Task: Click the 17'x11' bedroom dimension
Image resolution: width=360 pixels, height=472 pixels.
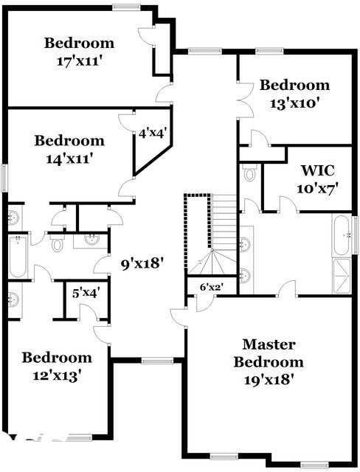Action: pyautogui.click(x=78, y=60)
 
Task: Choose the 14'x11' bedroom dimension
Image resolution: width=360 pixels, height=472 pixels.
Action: pyautogui.click(x=69, y=158)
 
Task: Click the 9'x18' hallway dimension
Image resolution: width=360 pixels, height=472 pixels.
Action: pyautogui.click(x=142, y=262)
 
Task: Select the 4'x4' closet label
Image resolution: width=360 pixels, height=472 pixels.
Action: pyautogui.click(x=153, y=133)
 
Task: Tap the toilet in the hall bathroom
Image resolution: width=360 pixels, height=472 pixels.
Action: pyautogui.click(x=57, y=244)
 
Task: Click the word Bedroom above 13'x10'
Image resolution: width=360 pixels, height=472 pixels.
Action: pyautogui.click(x=294, y=86)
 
